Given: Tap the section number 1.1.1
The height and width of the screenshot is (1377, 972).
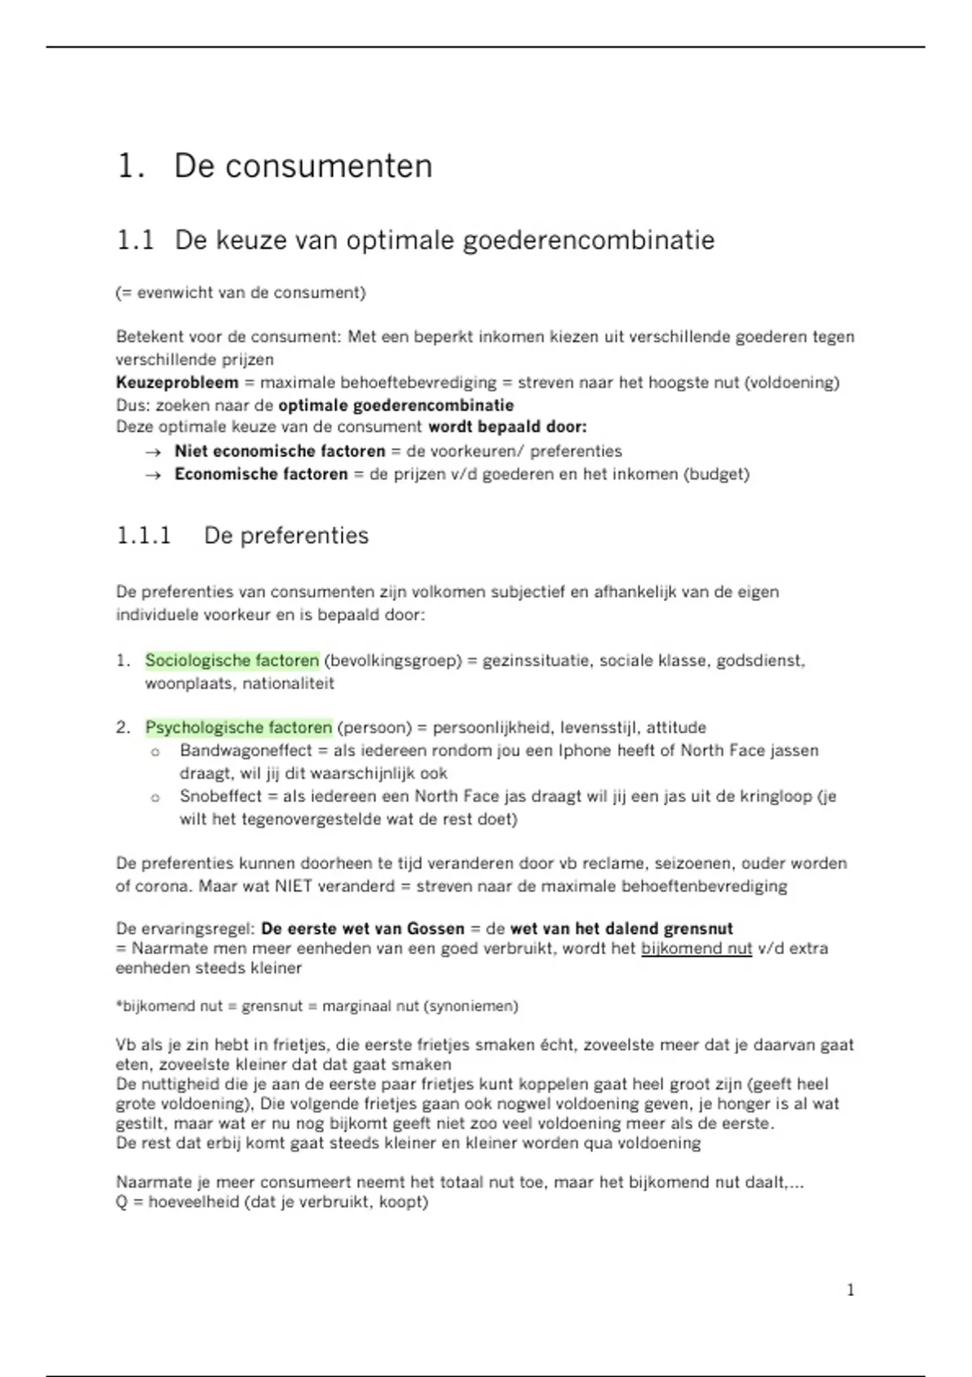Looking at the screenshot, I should click(143, 535).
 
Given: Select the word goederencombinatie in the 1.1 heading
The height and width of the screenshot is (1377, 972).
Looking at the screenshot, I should click(589, 241).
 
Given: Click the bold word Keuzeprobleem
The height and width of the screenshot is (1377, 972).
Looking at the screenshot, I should click(177, 382).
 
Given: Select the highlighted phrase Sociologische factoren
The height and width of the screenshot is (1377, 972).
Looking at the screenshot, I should click(232, 660).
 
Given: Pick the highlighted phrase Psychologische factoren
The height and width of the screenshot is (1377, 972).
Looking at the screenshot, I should click(238, 727).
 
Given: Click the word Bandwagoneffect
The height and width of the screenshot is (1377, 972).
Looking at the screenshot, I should click(245, 750).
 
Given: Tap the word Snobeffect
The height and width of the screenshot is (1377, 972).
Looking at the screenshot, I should click(220, 795).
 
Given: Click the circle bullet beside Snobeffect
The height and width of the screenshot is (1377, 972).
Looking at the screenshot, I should click(155, 798).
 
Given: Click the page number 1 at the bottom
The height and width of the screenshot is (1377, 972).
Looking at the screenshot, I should click(850, 1290).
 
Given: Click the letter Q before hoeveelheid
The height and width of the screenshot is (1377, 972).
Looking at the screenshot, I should click(122, 1201).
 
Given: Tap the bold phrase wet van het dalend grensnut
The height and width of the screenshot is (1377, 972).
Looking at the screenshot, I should click(621, 928).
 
